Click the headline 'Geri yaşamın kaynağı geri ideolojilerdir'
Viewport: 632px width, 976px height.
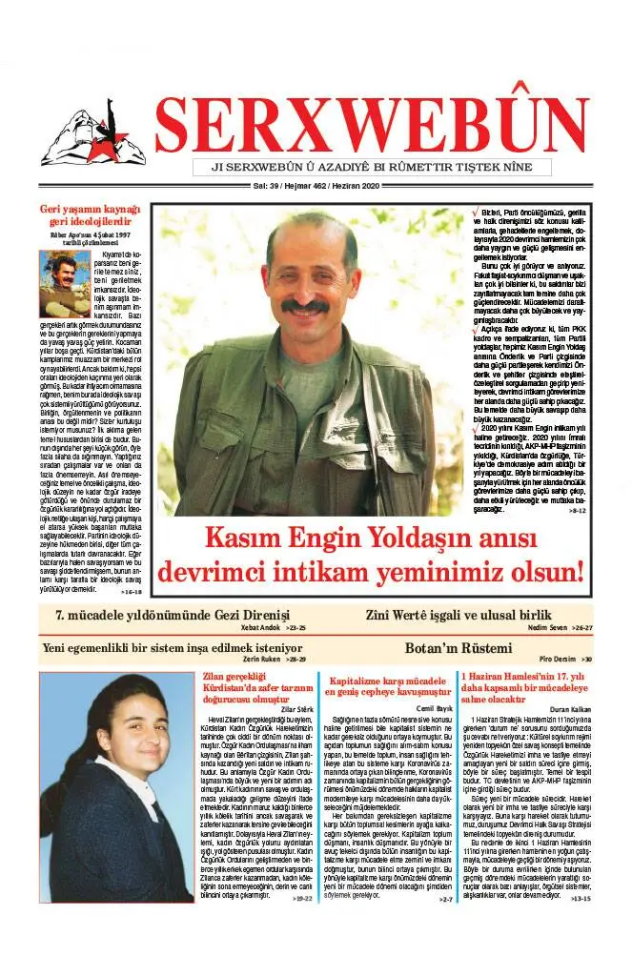90,215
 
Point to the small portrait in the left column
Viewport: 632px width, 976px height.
64,283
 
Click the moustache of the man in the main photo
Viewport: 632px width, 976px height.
305,307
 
